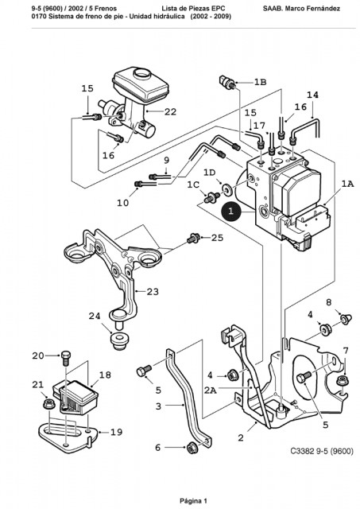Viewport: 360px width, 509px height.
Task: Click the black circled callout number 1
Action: tap(230, 212)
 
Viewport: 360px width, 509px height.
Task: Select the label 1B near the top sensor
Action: tap(260, 83)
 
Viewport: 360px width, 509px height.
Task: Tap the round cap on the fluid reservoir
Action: tap(141, 74)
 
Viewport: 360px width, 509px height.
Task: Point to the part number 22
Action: tap(170, 112)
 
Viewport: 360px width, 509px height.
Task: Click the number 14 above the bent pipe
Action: tap(312, 95)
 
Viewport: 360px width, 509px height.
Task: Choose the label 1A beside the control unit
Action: tap(347, 184)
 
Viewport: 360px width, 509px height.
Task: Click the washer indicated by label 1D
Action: tap(226, 189)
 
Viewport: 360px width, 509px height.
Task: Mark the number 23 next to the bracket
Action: tap(153, 292)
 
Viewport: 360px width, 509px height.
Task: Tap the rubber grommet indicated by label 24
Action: tap(120, 341)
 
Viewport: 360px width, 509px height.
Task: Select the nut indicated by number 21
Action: tap(49, 404)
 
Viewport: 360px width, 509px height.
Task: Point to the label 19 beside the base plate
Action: tap(116, 432)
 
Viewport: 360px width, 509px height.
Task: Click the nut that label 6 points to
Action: tap(192, 449)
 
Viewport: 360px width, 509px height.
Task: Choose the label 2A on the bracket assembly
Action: tap(210, 390)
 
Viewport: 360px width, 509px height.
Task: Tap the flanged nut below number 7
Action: tap(343, 380)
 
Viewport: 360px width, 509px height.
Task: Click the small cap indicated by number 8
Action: tap(346, 319)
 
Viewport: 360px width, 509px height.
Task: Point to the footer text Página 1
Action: tap(193, 501)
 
